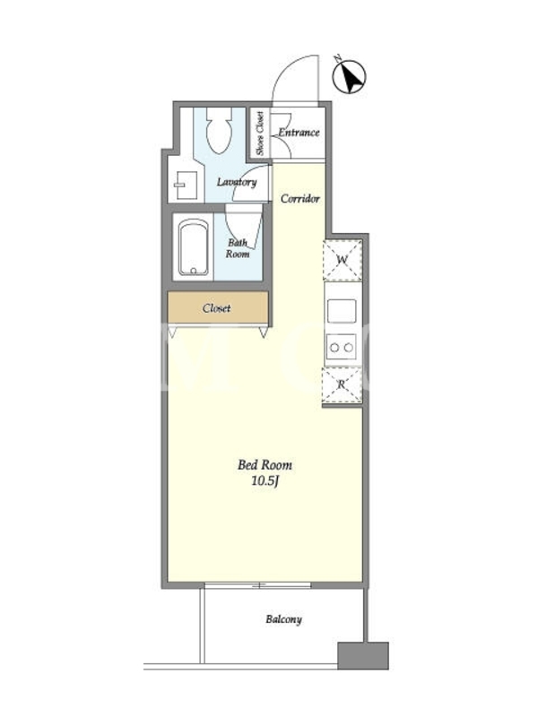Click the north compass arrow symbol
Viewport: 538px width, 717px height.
(x=349, y=76)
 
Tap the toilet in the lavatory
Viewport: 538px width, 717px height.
(x=219, y=130)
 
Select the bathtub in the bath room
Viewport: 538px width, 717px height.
(x=194, y=247)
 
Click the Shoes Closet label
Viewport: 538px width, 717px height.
(x=260, y=133)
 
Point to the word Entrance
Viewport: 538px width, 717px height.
(x=299, y=133)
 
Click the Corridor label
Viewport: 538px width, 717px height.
(x=299, y=198)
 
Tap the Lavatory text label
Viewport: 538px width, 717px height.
(x=237, y=182)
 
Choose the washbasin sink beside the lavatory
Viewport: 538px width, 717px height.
(x=186, y=186)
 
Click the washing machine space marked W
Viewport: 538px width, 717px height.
(x=343, y=260)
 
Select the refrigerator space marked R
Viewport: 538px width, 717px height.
(x=342, y=385)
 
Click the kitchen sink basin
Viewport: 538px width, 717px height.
(x=342, y=311)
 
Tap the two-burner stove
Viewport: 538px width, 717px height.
(x=342, y=348)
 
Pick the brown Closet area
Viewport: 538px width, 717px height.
(x=218, y=307)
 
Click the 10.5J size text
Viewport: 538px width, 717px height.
(x=265, y=480)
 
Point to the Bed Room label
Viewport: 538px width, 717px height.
(x=265, y=465)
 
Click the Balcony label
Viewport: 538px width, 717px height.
(x=283, y=619)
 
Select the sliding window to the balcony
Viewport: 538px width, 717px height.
(x=258, y=585)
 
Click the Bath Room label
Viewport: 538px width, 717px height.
(x=238, y=248)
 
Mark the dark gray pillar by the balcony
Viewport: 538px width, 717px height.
(x=363, y=655)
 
